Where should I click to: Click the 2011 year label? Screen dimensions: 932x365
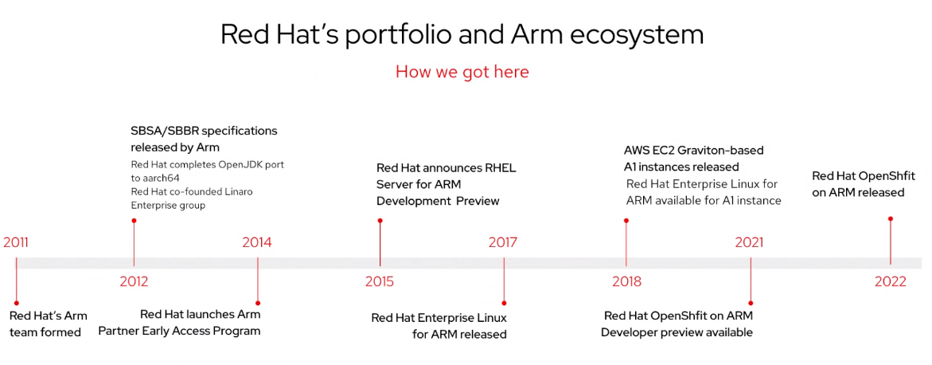coord(15,243)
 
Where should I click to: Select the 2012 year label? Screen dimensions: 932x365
coord(134,281)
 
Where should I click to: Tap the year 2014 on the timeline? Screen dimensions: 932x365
coord(257,243)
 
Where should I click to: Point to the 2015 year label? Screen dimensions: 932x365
coord(379,281)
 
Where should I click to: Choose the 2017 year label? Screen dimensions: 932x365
coord(503,243)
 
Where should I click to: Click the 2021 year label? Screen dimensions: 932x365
coord(749,243)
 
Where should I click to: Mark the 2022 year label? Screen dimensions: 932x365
coord(891,281)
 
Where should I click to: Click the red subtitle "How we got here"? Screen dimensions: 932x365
coord(462,72)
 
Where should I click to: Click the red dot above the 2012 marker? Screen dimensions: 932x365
coord(134,220)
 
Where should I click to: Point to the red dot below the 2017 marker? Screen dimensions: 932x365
coord(504,303)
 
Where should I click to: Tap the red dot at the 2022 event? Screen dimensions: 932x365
coord(891,218)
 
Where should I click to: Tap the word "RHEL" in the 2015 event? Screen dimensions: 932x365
coord(501,168)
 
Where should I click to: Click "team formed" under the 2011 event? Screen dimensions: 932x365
coord(45,332)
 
